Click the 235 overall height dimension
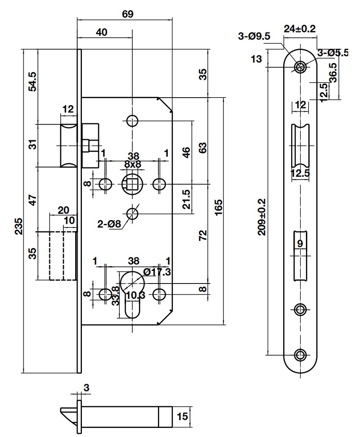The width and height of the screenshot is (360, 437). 19,226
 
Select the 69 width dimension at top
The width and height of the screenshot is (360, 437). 128,14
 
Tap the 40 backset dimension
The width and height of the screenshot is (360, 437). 101,32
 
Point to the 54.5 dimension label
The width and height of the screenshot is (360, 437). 32,81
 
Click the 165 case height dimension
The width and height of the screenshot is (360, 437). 218,207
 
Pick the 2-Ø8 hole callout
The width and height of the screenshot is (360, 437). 109,224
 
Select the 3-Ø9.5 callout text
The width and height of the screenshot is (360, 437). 254,36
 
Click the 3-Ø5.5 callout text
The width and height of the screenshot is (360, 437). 333,52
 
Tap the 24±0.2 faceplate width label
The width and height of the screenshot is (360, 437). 300,28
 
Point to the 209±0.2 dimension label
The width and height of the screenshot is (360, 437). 262,217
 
